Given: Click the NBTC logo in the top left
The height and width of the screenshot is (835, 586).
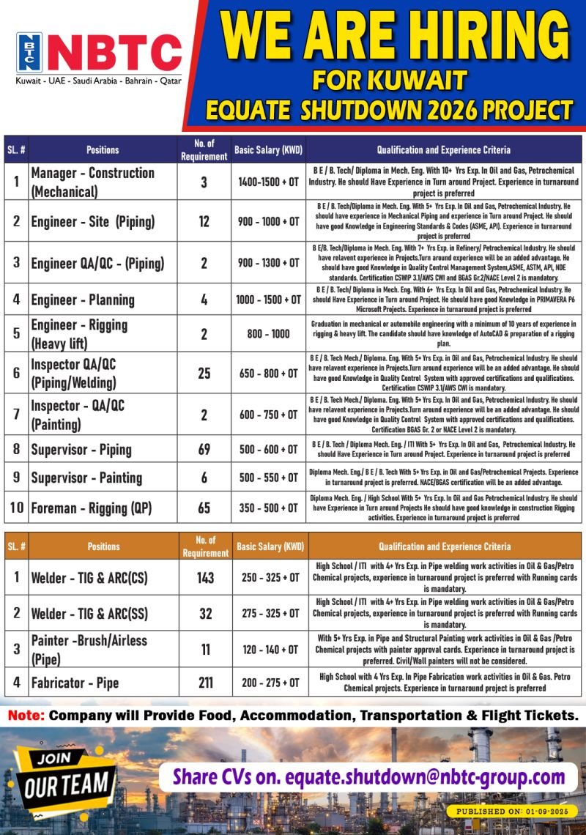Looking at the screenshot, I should pos(99,53).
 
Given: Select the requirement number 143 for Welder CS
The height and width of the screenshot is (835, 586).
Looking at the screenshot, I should pos(205,577).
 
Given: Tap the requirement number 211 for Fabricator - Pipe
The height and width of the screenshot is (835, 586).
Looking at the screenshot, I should pos(205,682).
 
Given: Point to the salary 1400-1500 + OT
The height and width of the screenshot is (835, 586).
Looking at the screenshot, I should pos(268,182).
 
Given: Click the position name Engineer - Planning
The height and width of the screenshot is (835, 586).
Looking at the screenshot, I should pos(82,300).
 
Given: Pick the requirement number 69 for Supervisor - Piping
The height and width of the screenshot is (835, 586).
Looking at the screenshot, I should pos(204,450).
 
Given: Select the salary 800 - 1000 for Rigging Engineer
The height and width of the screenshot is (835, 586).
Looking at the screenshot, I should pos(268,333).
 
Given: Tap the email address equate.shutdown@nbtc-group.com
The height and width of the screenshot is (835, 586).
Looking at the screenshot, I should pos(425,776).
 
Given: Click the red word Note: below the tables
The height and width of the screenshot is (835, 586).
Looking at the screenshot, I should pos(26,713).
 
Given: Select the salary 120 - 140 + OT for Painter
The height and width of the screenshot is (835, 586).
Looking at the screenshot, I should pos(270,649).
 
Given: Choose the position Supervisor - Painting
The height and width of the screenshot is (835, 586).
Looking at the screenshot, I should pos(86,478).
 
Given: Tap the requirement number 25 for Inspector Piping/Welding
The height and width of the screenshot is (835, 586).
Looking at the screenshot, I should pos(204,374).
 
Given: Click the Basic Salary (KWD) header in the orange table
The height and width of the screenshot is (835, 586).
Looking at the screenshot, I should pos(270,546).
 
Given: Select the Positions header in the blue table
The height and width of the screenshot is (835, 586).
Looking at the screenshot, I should pos(103,149).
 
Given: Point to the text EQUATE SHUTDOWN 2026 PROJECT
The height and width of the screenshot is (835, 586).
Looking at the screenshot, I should pos(389,109).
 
